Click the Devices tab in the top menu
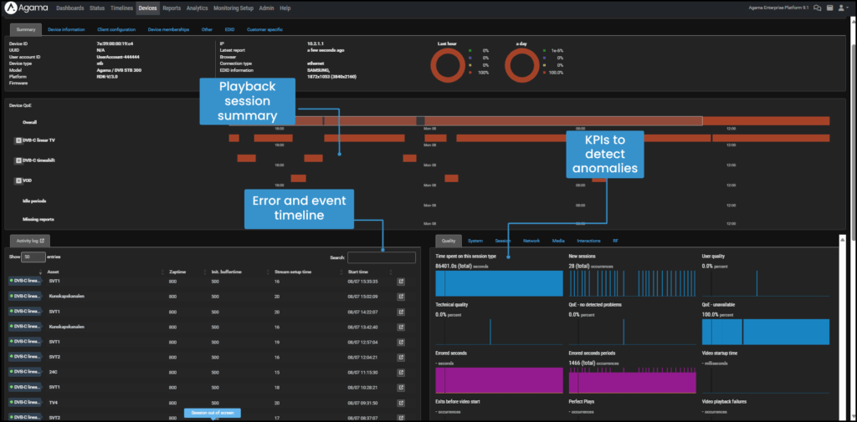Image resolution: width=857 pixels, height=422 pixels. (147, 8)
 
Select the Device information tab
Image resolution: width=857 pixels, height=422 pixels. (66, 29)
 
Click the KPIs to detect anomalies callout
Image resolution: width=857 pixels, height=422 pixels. (605, 155)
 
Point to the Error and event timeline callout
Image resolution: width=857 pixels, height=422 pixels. (299, 208)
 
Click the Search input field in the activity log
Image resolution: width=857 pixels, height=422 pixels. (382, 257)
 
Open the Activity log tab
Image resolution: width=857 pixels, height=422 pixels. (30, 241)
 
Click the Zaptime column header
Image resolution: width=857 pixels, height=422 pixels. (177, 272)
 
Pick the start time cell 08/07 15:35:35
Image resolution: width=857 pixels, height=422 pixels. (363, 282)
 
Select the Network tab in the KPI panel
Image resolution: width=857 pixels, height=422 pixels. (531, 241)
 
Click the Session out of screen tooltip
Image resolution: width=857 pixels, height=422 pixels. (213, 413)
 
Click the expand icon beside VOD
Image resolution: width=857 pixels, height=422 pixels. (18, 180)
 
